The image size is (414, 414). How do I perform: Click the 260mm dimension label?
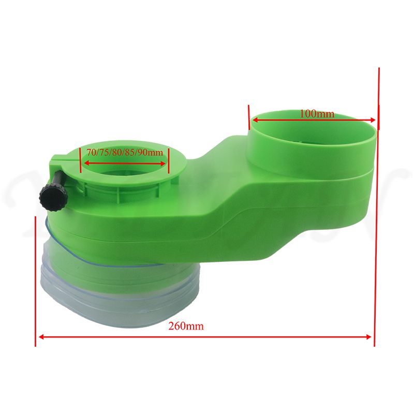[186, 326]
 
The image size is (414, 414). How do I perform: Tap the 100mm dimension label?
[317, 114]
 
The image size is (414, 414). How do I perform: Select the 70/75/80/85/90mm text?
[125, 152]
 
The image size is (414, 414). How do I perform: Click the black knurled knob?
[54, 198]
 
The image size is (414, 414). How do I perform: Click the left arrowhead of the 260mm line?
[41, 337]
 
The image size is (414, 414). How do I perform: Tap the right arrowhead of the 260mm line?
[368, 337]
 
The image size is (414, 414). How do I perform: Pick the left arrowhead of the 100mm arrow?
[255, 121]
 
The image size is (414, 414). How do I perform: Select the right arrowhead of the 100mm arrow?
[373, 120]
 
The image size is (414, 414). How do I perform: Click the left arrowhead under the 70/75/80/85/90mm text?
[86, 164]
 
